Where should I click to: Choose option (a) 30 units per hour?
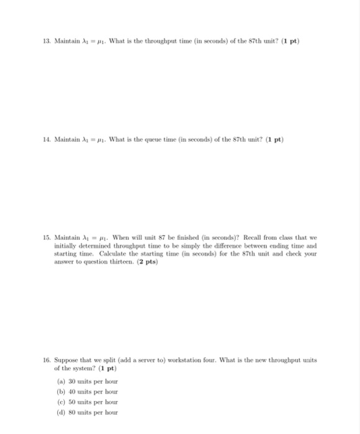(86, 381)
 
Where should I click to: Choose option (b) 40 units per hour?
(86, 392)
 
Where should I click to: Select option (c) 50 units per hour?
(86, 402)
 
